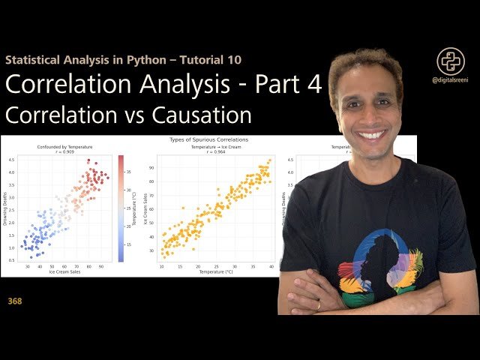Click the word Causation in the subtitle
[x=205, y=116]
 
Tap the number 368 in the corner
[x=15, y=301]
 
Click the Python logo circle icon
[x=451, y=62]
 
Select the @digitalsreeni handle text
[x=451, y=85]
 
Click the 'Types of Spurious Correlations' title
[x=209, y=139]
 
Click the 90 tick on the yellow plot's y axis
[x=151, y=168]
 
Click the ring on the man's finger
[x=317, y=305]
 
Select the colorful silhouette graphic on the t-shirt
[x=379, y=266]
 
